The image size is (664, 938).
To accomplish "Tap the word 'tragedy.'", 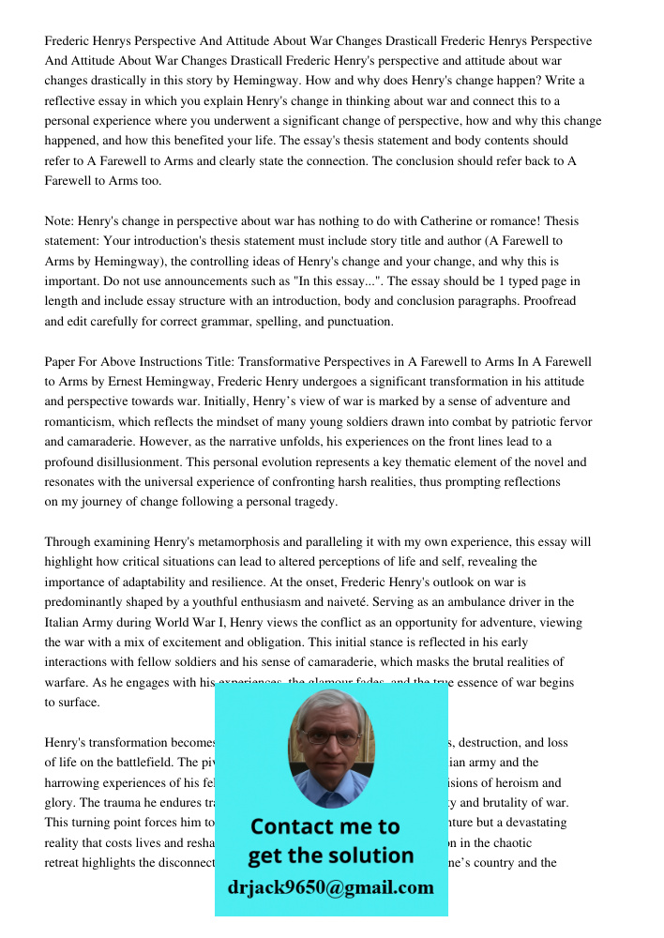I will point(312,501).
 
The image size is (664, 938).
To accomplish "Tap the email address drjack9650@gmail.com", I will point(330,886).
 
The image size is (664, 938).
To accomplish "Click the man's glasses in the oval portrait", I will point(331,737).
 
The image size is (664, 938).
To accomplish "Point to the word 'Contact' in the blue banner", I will point(292,826).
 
